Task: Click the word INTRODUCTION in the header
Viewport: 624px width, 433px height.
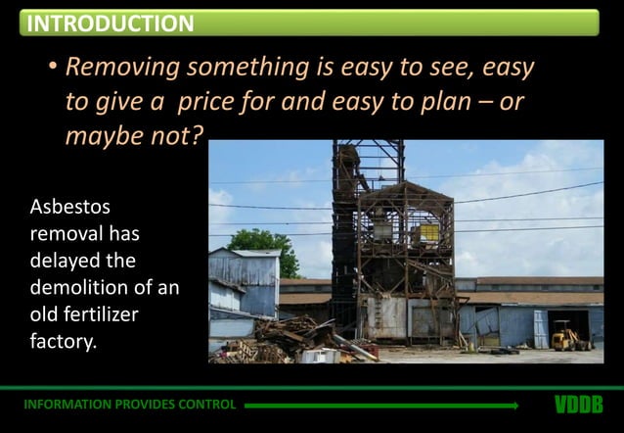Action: (x=110, y=23)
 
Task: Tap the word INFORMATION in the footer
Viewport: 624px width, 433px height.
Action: (x=65, y=405)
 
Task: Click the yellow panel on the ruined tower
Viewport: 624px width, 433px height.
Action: (x=427, y=233)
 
